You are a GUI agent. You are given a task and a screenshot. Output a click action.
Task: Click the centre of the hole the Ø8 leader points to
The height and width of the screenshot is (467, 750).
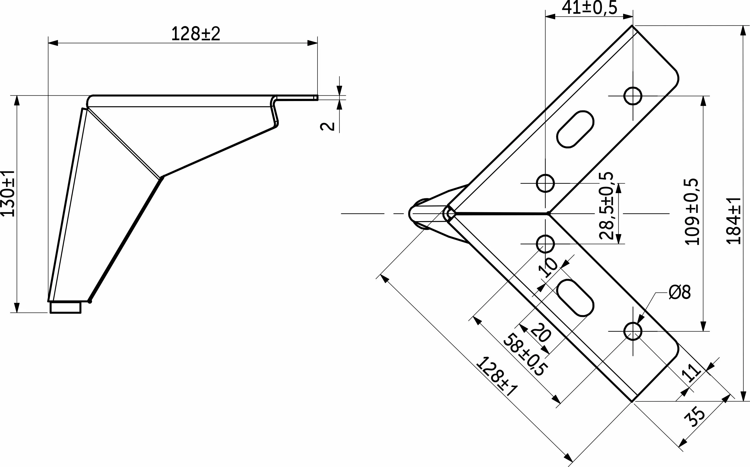coord(633,331)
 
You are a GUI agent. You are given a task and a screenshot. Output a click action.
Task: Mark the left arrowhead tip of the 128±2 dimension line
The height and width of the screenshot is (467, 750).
coord(49,43)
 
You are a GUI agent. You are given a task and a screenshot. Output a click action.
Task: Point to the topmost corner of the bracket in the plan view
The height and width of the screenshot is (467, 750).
coord(632,26)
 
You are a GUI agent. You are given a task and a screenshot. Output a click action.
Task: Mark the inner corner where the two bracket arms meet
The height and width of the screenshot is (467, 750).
coord(548,213)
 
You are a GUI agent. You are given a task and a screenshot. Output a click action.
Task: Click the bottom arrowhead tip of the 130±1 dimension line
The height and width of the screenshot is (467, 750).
coord(17,313)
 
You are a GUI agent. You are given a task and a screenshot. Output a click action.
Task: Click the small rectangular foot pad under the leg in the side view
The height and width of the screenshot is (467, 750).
coord(66,307)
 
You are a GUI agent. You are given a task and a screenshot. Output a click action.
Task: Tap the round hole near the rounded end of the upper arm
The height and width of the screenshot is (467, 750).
coord(633,96)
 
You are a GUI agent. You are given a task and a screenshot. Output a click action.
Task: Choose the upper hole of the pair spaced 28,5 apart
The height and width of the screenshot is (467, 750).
coord(545,183)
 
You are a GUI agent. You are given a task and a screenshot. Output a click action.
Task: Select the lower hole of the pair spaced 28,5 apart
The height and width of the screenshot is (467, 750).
coord(545,244)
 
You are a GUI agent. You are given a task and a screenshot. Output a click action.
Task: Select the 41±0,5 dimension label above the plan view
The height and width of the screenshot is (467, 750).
coord(589,8)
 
